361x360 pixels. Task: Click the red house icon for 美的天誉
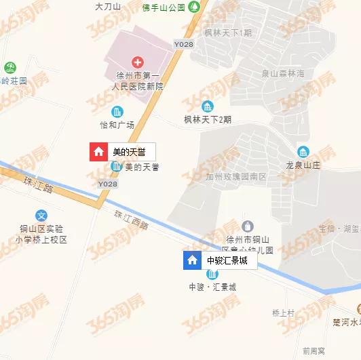click(x=99, y=152)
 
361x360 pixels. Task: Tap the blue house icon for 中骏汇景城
click(x=193, y=260)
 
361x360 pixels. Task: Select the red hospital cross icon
click(x=138, y=62)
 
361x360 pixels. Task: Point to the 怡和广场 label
click(x=117, y=125)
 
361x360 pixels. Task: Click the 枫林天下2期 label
click(x=208, y=119)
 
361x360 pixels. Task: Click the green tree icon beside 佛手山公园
click(x=195, y=7)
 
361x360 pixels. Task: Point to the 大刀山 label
click(x=108, y=6)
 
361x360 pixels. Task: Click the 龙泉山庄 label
click(x=303, y=164)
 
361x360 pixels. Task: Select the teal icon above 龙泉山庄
click(x=303, y=151)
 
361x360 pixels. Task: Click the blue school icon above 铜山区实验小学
click(x=43, y=216)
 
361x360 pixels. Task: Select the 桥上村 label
click(x=282, y=313)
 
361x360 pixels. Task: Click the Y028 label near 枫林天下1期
click(x=184, y=44)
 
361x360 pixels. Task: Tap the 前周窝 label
click(x=314, y=351)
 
